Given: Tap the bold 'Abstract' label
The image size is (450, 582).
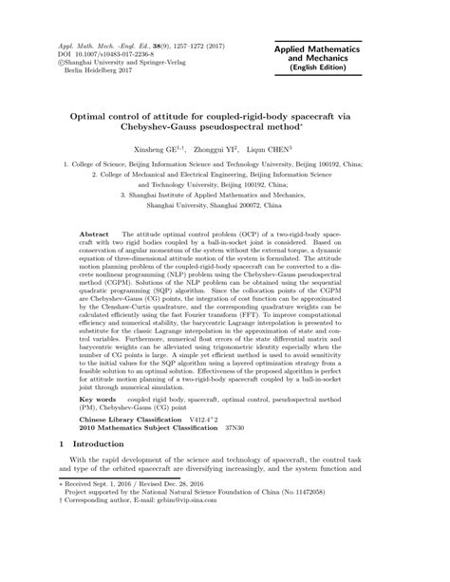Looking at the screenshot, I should [96, 233].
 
